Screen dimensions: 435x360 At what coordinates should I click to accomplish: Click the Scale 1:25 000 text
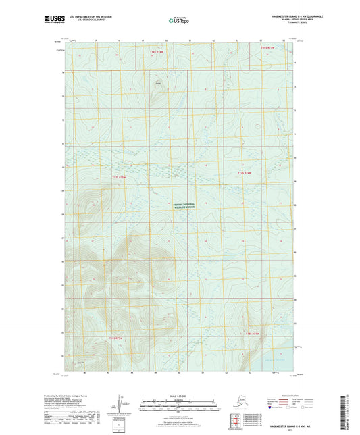[x=178, y=395]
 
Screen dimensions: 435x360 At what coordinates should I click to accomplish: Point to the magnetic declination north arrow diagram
[x=122, y=405]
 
